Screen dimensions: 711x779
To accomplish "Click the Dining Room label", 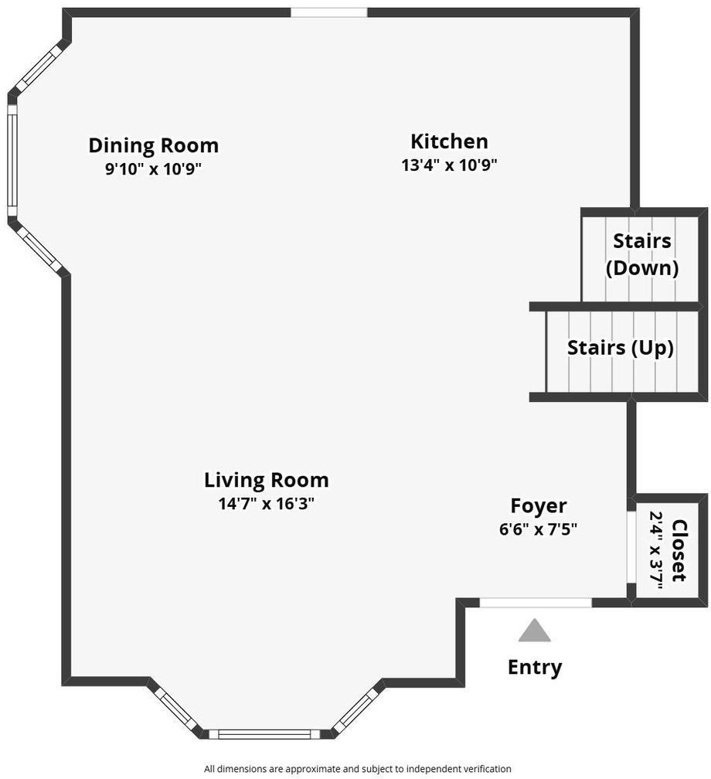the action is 154,145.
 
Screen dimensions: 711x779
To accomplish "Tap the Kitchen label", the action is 449,141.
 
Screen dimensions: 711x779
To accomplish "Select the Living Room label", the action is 267,481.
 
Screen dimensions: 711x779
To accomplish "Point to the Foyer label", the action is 539,506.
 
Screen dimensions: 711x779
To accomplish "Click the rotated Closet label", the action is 679,550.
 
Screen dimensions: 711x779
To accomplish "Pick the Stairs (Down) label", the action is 642,254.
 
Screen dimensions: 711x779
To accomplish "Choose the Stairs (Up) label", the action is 620,348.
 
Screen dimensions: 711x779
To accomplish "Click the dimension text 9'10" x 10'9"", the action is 153,169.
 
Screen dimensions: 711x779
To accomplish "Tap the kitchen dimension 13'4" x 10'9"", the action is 449,165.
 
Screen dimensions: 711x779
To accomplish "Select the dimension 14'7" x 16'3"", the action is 267,504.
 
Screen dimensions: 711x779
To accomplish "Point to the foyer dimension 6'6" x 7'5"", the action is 538,529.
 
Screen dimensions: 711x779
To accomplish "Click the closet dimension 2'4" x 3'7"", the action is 657,550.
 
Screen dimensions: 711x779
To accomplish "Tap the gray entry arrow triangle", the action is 535,630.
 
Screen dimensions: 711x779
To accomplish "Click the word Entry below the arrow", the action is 535,667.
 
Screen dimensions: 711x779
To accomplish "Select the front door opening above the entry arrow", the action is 536,603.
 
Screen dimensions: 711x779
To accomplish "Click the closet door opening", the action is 631,547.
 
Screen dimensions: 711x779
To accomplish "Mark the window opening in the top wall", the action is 329,12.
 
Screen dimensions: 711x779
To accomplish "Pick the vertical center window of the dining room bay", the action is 12,161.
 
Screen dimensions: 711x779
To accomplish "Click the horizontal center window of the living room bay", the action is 266,734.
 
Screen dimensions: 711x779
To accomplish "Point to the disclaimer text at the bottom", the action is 357,768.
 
